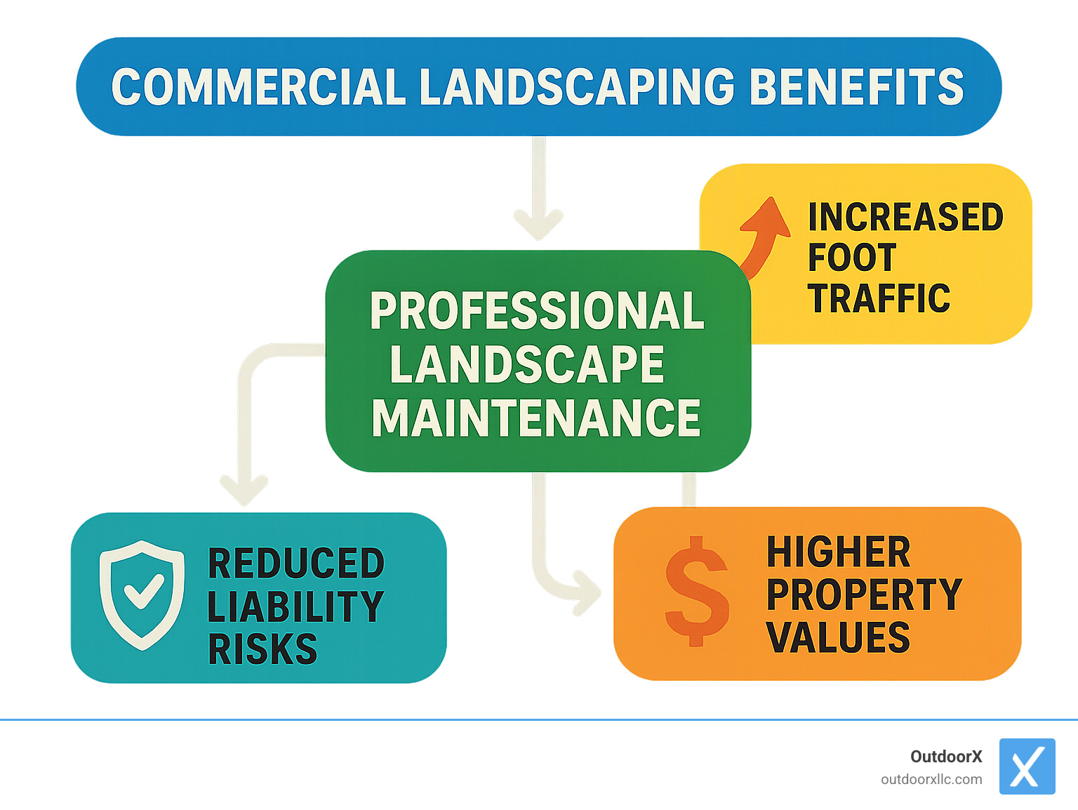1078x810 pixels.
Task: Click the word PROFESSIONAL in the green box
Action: point(537,310)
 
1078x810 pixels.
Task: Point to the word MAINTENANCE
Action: point(536,418)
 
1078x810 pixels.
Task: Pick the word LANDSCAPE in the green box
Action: point(527,364)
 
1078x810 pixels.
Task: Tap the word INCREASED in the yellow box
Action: point(905,217)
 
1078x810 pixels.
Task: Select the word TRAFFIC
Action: point(879,299)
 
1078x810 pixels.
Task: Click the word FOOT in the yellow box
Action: point(852,258)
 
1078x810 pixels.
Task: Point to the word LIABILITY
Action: point(295,607)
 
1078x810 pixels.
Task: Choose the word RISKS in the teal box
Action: point(262,649)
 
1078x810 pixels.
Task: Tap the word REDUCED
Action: point(296,564)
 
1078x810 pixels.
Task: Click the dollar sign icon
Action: point(696,591)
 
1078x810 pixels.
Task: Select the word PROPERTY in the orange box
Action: point(864,595)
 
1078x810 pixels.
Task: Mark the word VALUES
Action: point(838,637)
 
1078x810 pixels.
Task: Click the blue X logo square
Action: point(1027,766)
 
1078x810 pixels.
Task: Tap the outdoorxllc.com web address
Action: point(931,779)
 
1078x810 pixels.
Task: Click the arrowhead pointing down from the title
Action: point(538,223)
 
